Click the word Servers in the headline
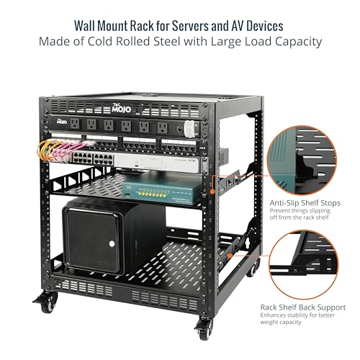190,26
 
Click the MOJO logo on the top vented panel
122,108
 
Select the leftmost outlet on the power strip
75,124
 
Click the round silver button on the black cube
112,244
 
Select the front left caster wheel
48,303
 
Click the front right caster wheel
204,330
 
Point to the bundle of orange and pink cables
62,149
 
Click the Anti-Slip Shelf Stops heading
305,203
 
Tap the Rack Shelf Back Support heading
303,307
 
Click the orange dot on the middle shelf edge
212,192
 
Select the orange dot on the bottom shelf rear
230,256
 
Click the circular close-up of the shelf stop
302,161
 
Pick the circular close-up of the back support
304,265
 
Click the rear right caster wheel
253,269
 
